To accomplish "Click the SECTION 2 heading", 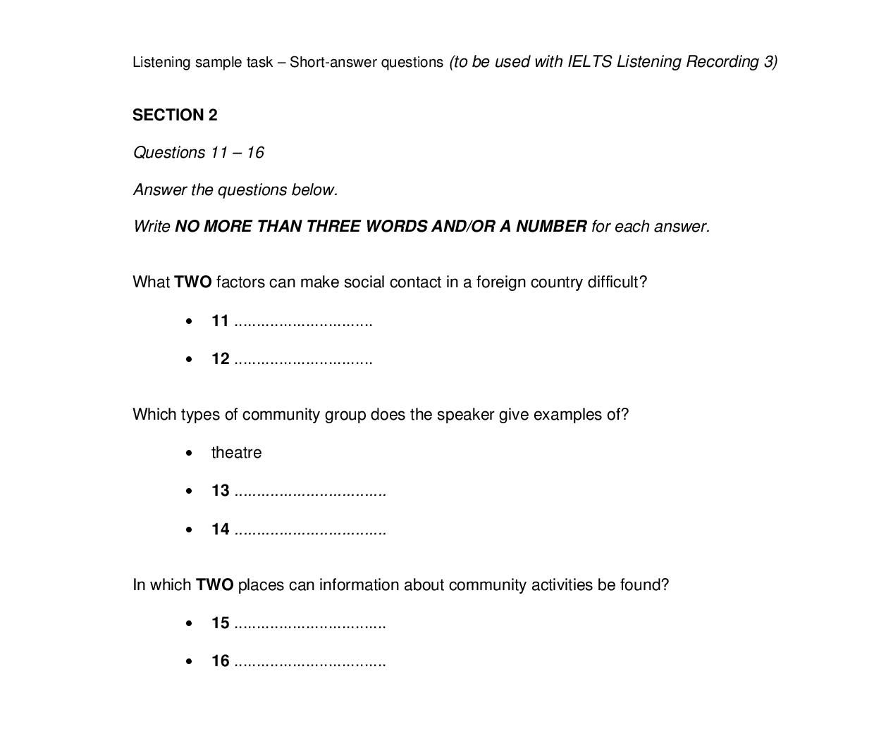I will (175, 115).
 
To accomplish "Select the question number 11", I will (220, 321).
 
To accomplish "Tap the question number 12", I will (220, 359).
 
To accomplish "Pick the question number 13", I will (220, 491).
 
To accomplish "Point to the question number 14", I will (220, 529).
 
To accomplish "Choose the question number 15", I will (220, 623).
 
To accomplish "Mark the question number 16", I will (220, 661).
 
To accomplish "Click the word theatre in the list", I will (236, 453).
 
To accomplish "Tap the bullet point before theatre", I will (189, 454).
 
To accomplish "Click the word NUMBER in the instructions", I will (551, 227).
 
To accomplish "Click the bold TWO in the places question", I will (214, 585).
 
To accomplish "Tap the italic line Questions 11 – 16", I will (198, 153).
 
